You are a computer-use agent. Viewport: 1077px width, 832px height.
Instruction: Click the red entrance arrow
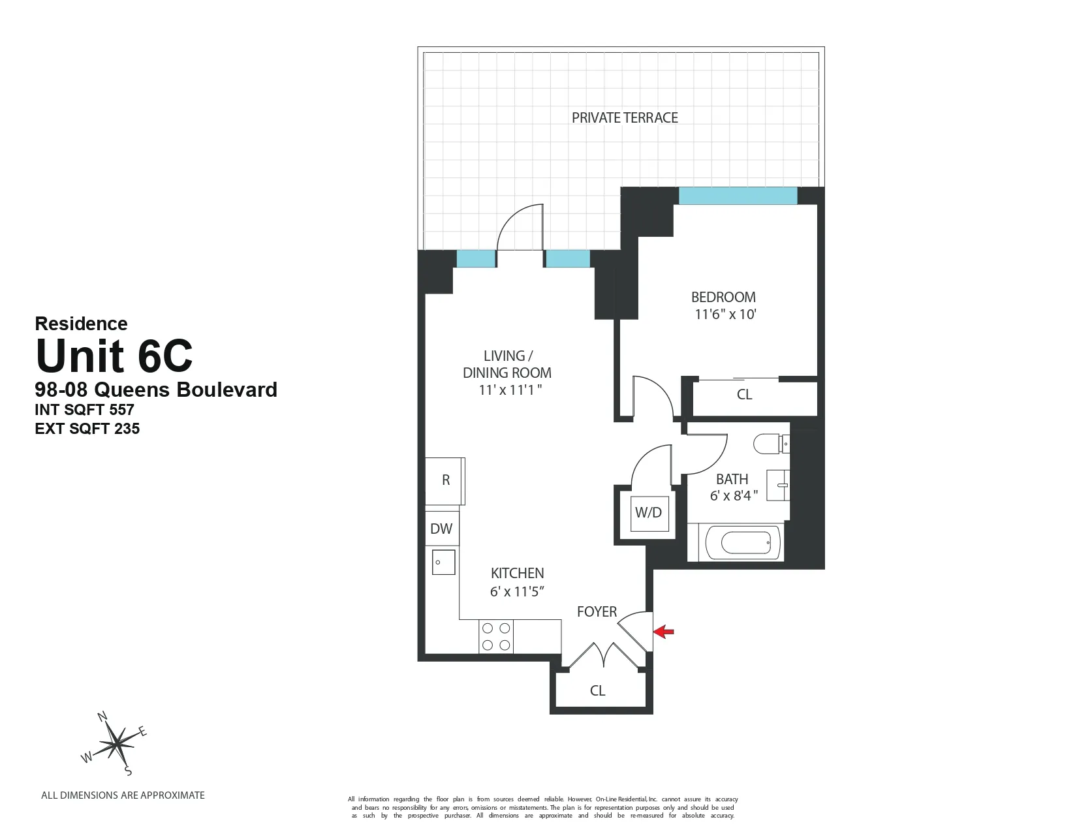click(x=664, y=631)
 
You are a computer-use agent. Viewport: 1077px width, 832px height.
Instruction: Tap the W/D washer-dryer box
click(x=648, y=513)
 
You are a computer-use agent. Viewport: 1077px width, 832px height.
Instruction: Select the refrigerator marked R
click(x=445, y=480)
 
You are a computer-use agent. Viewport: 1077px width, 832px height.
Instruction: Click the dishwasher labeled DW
click(x=441, y=529)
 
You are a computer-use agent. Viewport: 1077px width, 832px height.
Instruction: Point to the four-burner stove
click(x=495, y=637)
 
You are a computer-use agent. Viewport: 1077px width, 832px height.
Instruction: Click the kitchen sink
click(x=443, y=562)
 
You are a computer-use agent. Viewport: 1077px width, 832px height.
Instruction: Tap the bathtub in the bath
click(x=742, y=544)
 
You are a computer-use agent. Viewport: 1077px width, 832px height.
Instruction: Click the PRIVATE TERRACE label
click(x=625, y=118)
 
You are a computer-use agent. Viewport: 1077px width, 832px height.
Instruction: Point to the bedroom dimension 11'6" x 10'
click(x=725, y=315)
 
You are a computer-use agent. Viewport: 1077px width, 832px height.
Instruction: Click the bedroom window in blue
click(x=738, y=196)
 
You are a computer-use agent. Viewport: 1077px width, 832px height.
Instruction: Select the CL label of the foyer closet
click(x=597, y=690)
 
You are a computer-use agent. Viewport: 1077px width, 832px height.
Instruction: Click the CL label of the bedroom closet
click(x=744, y=395)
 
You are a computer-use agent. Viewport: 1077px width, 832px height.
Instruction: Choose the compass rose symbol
click(x=116, y=743)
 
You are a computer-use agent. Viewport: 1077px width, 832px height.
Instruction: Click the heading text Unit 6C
click(x=114, y=356)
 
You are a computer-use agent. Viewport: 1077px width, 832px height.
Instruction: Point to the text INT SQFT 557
click(x=84, y=410)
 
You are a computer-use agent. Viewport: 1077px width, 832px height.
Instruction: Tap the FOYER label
click(x=597, y=611)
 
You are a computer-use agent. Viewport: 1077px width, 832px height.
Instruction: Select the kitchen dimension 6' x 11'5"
click(x=517, y=592)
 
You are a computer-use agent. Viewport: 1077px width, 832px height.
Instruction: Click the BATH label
click(x=732, y=479)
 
